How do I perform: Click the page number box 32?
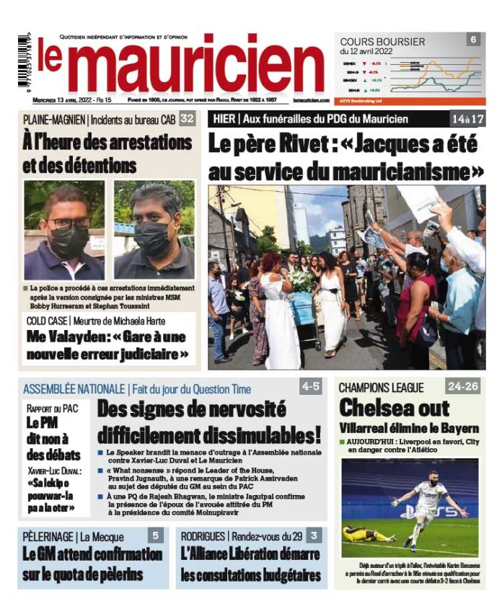(x=187, y=118)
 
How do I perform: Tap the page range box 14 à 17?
(x=468, y=118)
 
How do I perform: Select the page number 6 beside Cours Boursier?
(x=473, y=40)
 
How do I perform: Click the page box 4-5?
(x=310, y=387)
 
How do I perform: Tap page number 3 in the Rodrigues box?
(x=314, y=535)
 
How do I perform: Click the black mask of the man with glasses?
(x=69, y=240)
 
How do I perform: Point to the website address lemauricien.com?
(x=311, y=101)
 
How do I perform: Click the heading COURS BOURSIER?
(x=382, y=42)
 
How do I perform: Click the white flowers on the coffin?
(x=302, y=280)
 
